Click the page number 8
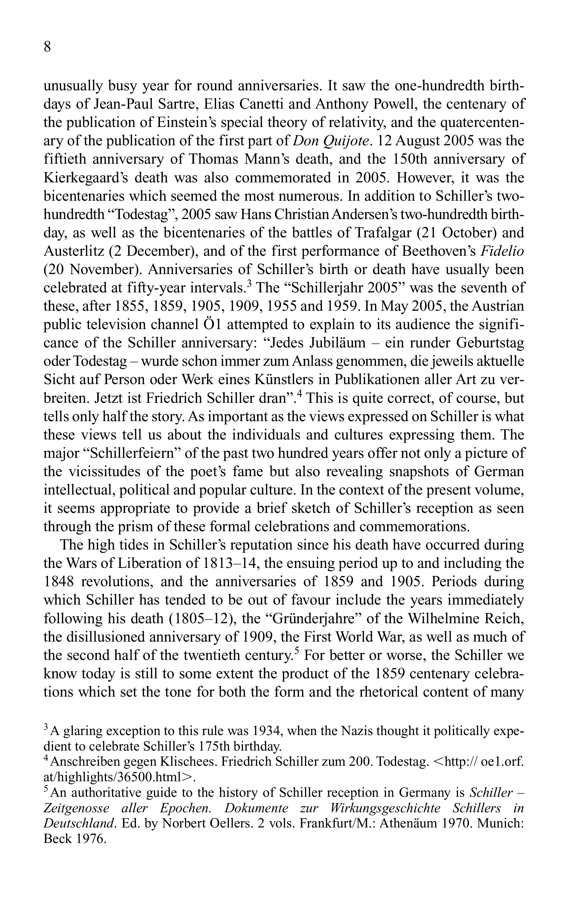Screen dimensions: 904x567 (x=48, y=48)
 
